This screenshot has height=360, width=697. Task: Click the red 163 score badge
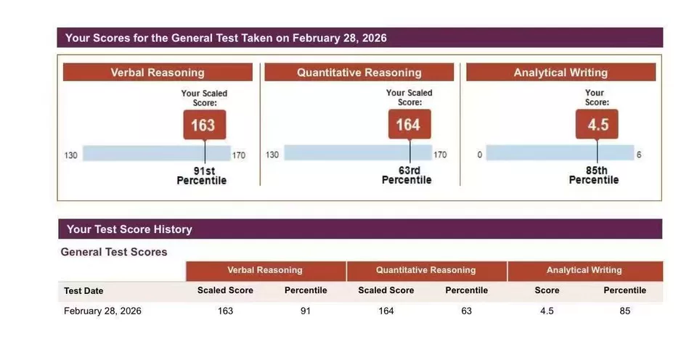203,125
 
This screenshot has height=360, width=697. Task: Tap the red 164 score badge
408,125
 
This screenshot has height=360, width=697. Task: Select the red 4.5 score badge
597,125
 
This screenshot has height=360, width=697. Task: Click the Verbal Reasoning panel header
158,73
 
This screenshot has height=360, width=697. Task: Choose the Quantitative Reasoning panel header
359,73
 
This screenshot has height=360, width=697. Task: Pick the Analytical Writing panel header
561,73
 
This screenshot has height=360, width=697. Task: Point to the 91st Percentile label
202,176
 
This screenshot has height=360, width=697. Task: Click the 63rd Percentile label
407,176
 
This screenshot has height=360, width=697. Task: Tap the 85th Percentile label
594,176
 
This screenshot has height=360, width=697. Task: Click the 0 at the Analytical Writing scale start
480,155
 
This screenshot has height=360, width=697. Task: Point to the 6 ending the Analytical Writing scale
639,155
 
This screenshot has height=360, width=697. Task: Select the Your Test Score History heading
129,229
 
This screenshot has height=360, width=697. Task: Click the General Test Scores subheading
114,252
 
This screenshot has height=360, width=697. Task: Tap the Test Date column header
83,291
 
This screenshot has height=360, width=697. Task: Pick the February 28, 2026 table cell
102,311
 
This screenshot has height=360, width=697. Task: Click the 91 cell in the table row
305,311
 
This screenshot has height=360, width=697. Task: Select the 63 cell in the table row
466,311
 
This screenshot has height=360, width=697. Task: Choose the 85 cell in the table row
624,311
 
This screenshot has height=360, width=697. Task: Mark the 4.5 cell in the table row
547,311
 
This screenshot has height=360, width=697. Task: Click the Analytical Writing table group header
584,270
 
